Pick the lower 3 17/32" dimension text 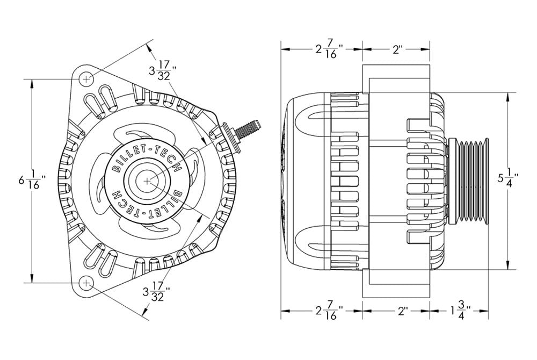156,293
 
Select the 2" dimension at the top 397,49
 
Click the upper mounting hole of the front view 86,79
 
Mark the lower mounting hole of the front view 86,282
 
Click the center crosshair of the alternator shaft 148,181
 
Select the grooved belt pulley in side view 470,181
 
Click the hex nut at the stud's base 230,133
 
